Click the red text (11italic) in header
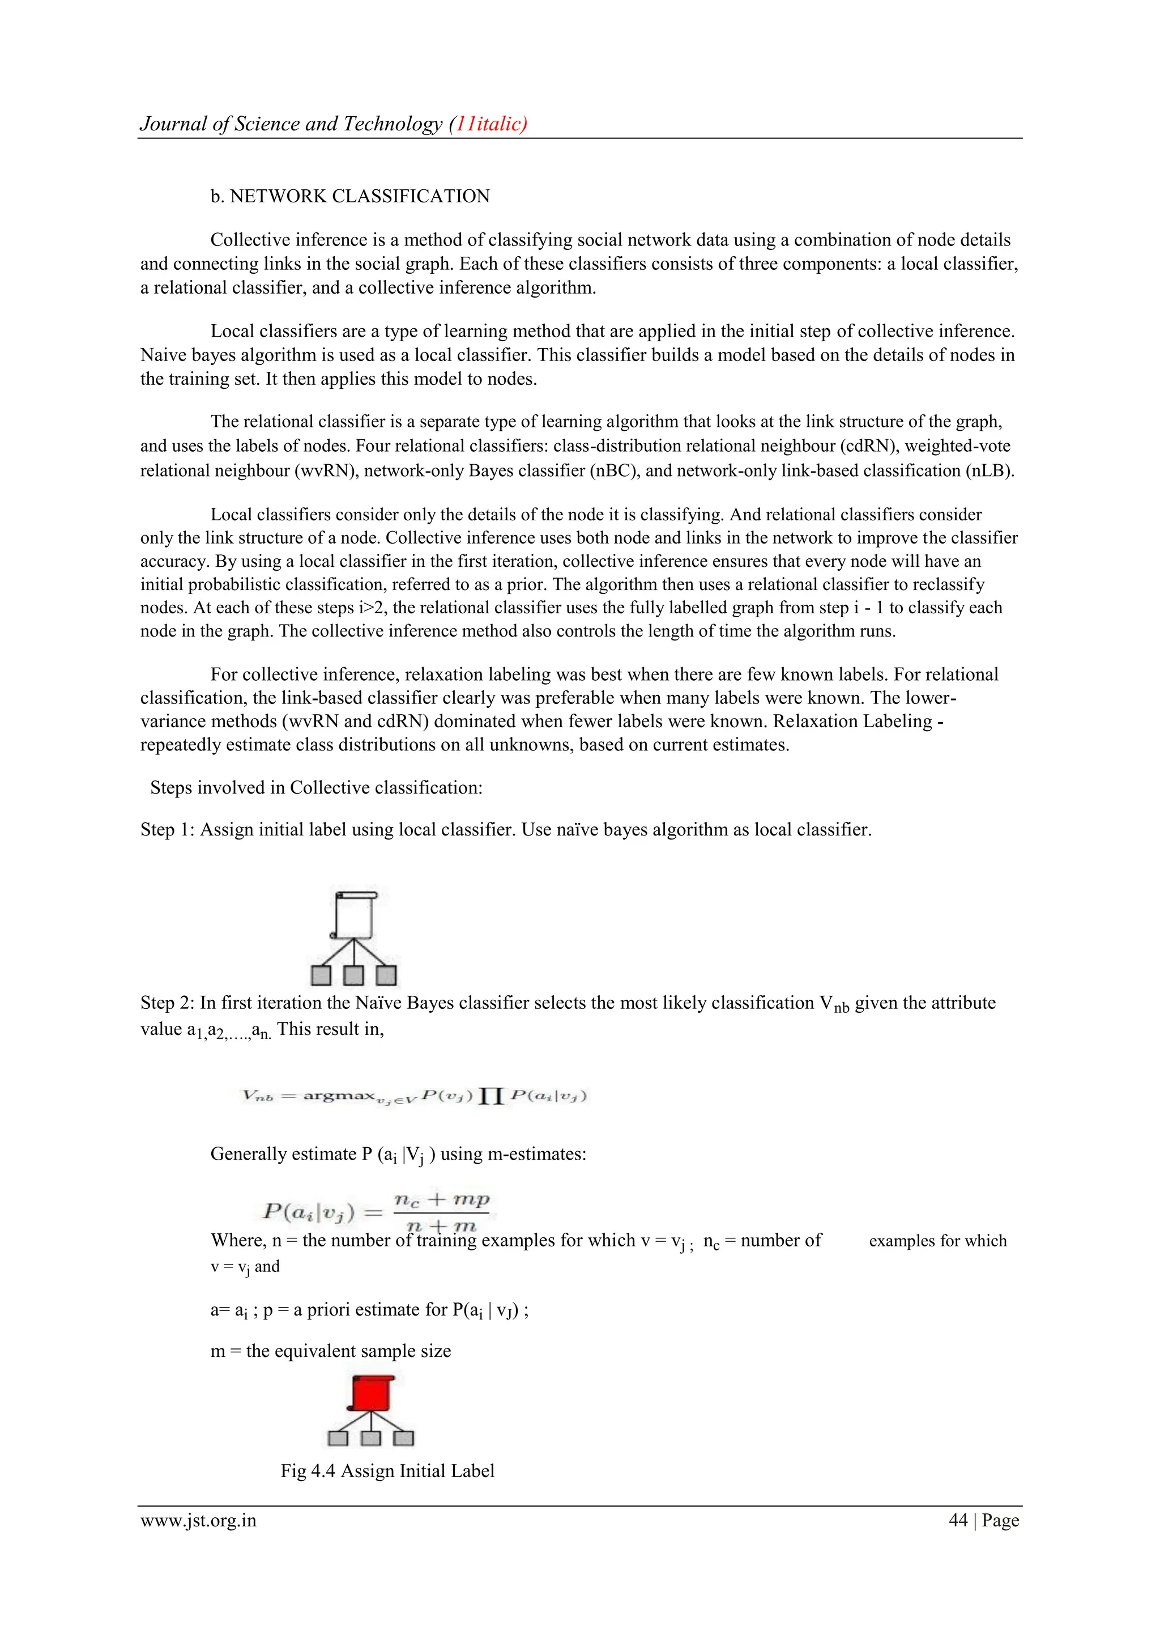point(488,124)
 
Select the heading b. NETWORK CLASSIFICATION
point(349,197)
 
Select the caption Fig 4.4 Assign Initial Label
point(387,1470)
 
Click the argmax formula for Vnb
point(415,1096)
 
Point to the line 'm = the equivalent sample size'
point(331,1351)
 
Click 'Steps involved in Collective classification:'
point(316,787)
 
